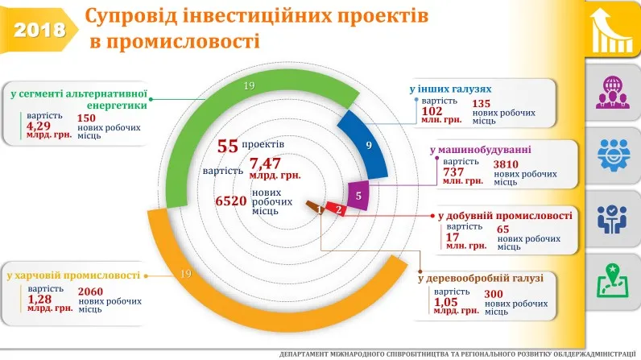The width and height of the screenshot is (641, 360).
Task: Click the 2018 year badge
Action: [39, 30]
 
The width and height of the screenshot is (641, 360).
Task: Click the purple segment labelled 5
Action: [358, 194]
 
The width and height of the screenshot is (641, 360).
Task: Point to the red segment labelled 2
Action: [338, 209]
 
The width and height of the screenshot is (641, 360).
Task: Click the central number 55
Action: [228, 146]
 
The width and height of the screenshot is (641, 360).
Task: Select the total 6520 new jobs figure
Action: [230, 201]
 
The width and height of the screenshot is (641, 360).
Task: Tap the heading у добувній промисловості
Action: [505, 216]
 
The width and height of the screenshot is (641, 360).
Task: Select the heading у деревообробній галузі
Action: [481, 278]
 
